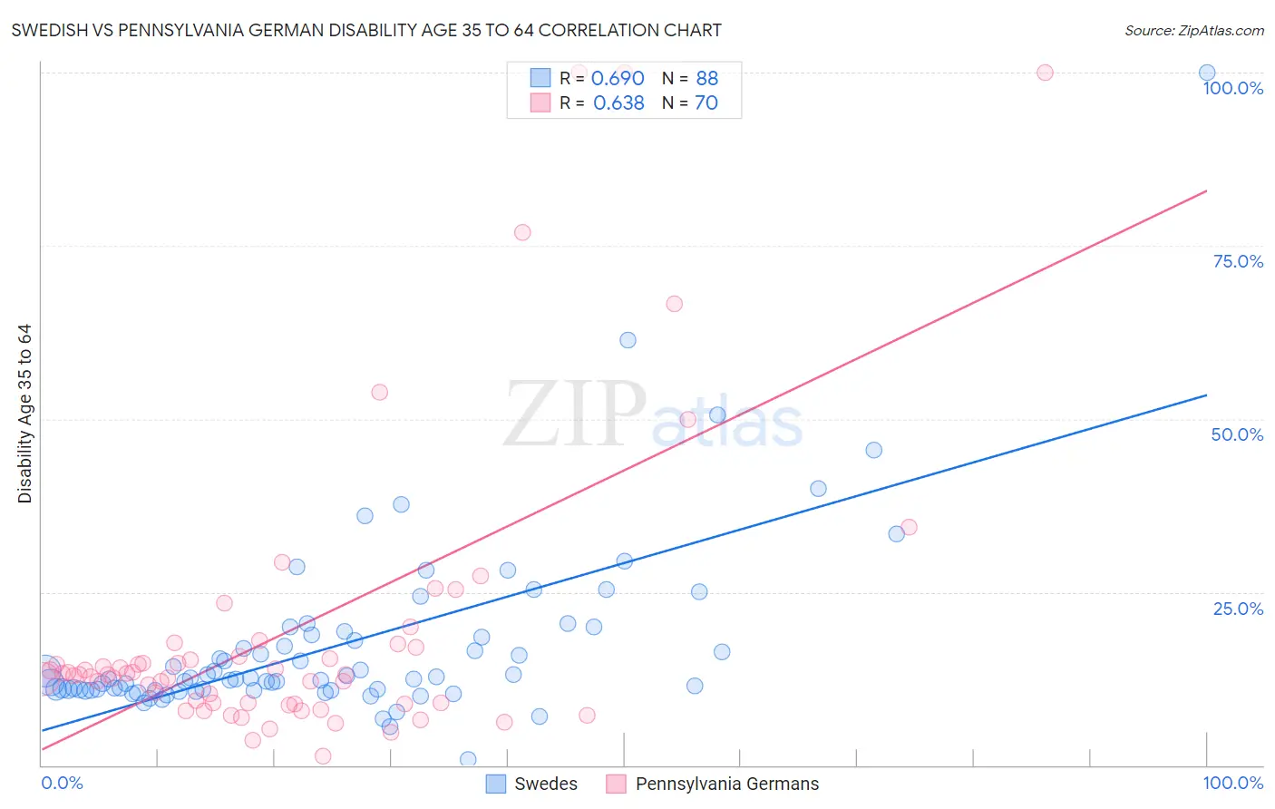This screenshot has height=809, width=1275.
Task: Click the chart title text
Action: pyautogui.click(x=366, y=30)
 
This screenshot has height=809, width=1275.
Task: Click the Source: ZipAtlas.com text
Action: pyautogui.click(x=1193, y=30)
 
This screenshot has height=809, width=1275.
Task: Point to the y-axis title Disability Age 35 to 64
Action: pyautogui.click(x=24, y=414)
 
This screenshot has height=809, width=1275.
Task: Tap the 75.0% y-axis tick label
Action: pyautogui.click(x=1238, y=261)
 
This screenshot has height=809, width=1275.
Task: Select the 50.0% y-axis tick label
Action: pyautogui.click(x=1237, y=434)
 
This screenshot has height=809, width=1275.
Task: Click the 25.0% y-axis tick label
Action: pyautogui.click(x=1238, y=609)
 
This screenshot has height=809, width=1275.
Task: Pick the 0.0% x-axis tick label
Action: pyautogui.click(x=62, y=783)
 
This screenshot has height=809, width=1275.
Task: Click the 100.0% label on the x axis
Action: pyautogui.click(x=1232, y=783)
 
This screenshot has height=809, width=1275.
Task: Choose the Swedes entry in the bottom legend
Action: pyautogui.click(x=532, y=784)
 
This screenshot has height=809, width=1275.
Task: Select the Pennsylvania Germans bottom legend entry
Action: pyautogui.click(x=714, y=784)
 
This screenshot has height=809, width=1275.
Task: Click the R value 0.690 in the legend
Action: pyautogui.click(x=618, y=79)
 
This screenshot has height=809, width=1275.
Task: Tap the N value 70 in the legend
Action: pyautogui.click(x=706, y=103)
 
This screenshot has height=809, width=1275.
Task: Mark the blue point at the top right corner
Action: pyautogui.click(x=1207, y=73)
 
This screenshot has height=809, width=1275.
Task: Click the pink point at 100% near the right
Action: pyautogui.click(x=1045, y=73)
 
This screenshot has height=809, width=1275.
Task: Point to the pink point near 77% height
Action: pyautogui.click(x=522, y=232)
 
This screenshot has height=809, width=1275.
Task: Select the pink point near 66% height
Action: pyautogui.click(x=674, y=304)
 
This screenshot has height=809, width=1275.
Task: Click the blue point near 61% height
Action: pyautogui.click(x=628, y=340)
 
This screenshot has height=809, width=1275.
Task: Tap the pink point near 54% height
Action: pyautogui.click(x=380, y=392)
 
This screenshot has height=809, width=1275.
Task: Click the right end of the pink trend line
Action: pyautogui.click(x=1206, y=190)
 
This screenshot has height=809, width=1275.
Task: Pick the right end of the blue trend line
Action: pyautogui.click(x=1206, y=395)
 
